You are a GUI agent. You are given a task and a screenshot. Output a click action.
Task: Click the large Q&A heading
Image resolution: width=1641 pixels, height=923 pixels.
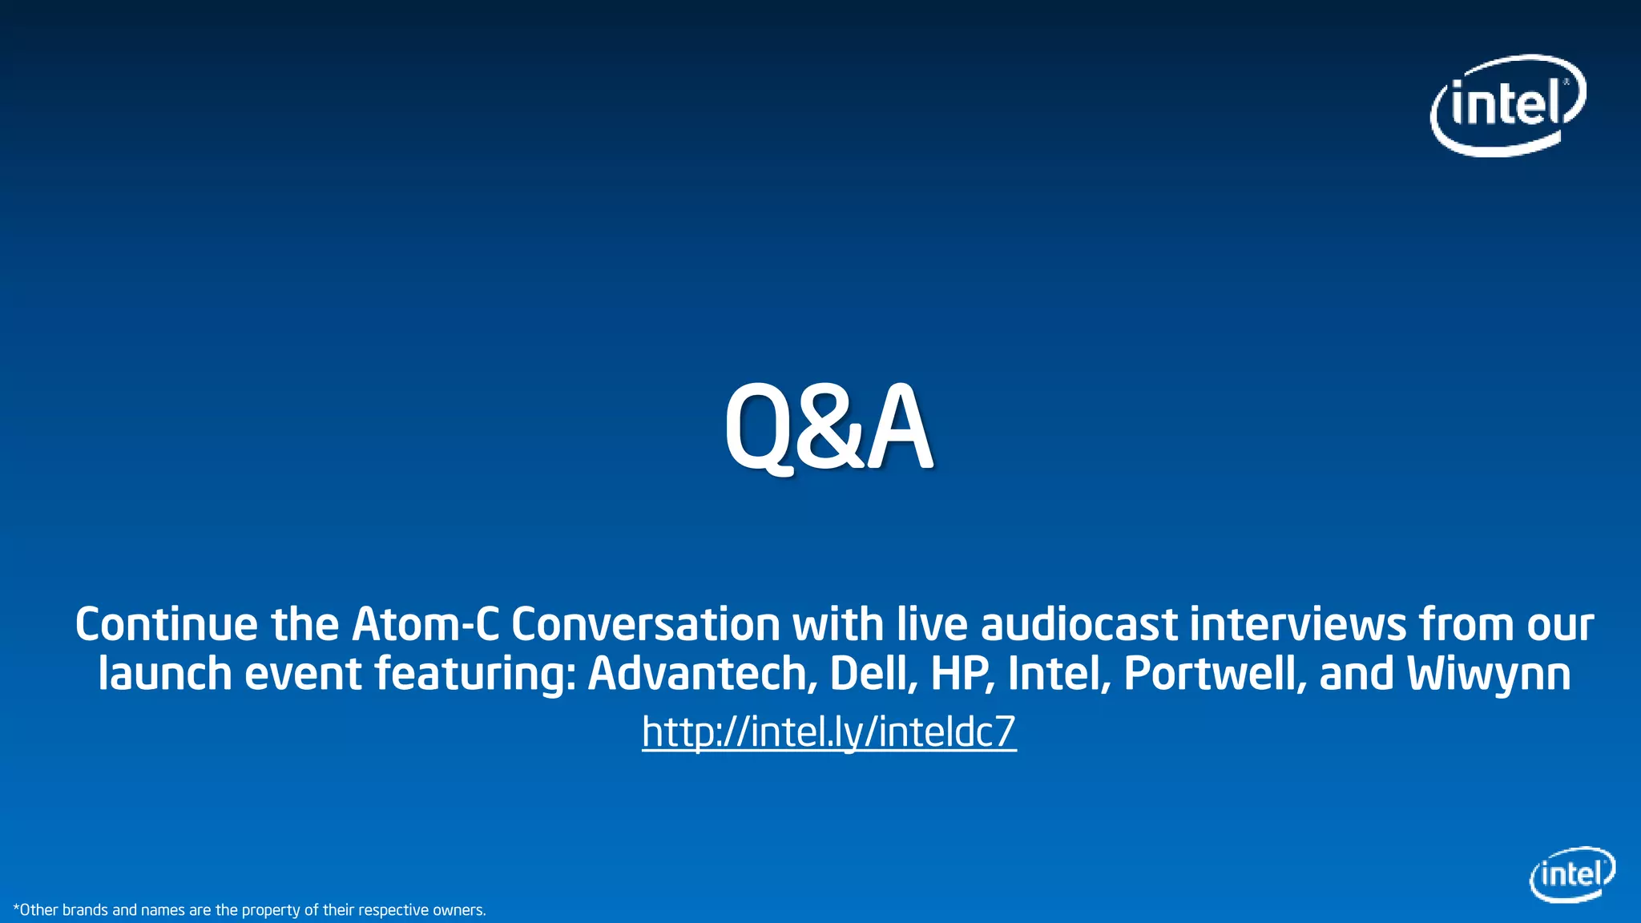coord(829,429)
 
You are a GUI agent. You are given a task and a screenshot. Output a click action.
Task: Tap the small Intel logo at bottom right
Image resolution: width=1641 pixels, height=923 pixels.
coord(1572,874)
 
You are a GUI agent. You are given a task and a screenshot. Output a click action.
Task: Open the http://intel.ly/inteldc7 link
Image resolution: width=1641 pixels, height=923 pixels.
coord(829,732)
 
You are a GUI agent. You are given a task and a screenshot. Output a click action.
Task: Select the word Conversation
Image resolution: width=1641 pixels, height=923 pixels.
coord(645,624)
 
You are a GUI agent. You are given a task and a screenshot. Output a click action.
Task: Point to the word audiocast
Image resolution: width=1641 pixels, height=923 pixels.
coord(1079,624)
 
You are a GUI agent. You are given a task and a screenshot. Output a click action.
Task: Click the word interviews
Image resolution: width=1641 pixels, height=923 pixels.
coord(1297,624)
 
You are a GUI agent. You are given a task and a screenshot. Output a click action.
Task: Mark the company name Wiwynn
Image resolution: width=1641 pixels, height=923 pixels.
coord(1488,674)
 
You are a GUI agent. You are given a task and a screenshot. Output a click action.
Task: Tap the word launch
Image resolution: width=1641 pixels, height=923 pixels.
coord(165,674)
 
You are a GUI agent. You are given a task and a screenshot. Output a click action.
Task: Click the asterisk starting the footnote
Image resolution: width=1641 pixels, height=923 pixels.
coord(16,908)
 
